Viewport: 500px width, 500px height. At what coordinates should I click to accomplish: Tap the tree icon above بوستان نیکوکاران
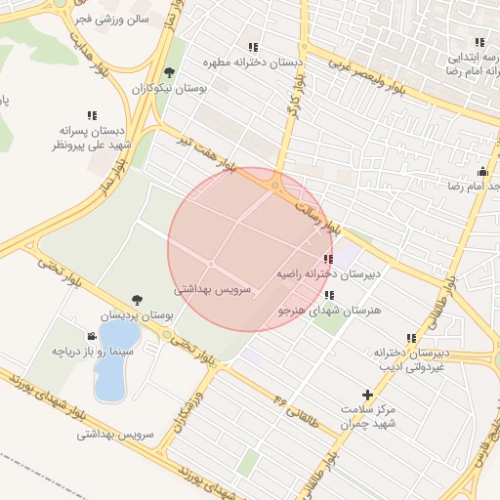[170, 72]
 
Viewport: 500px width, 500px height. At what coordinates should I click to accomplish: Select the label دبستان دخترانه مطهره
[253, 62]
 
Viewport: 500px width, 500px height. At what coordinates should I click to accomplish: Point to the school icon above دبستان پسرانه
[93, 114]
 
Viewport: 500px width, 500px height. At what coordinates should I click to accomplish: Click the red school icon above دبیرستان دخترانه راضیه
[326, 259]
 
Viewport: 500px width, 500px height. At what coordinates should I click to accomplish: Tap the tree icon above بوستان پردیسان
[136, 300]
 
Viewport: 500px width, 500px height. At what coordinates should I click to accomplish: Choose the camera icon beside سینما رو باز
[92, 336]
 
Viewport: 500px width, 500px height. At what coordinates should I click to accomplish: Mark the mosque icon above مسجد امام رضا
[482, 172]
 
